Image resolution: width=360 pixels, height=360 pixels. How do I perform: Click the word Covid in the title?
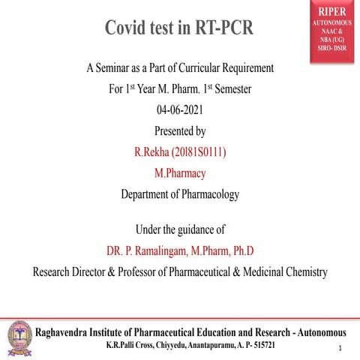(129, 28)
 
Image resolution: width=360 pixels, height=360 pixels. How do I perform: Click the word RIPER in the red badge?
(331, 13)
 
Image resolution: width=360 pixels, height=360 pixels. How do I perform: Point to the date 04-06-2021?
(180, 110)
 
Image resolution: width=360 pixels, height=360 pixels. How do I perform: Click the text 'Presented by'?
(180, 131)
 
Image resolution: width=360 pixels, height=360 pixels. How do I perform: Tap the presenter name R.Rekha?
(152, 152)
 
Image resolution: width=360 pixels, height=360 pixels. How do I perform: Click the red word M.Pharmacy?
(180, 173)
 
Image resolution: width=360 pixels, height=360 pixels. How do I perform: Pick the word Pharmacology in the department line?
(210, 194)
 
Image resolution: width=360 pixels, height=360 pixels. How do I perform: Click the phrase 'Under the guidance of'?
(180, 229)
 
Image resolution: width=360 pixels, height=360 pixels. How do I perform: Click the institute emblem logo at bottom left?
(19, 334)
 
